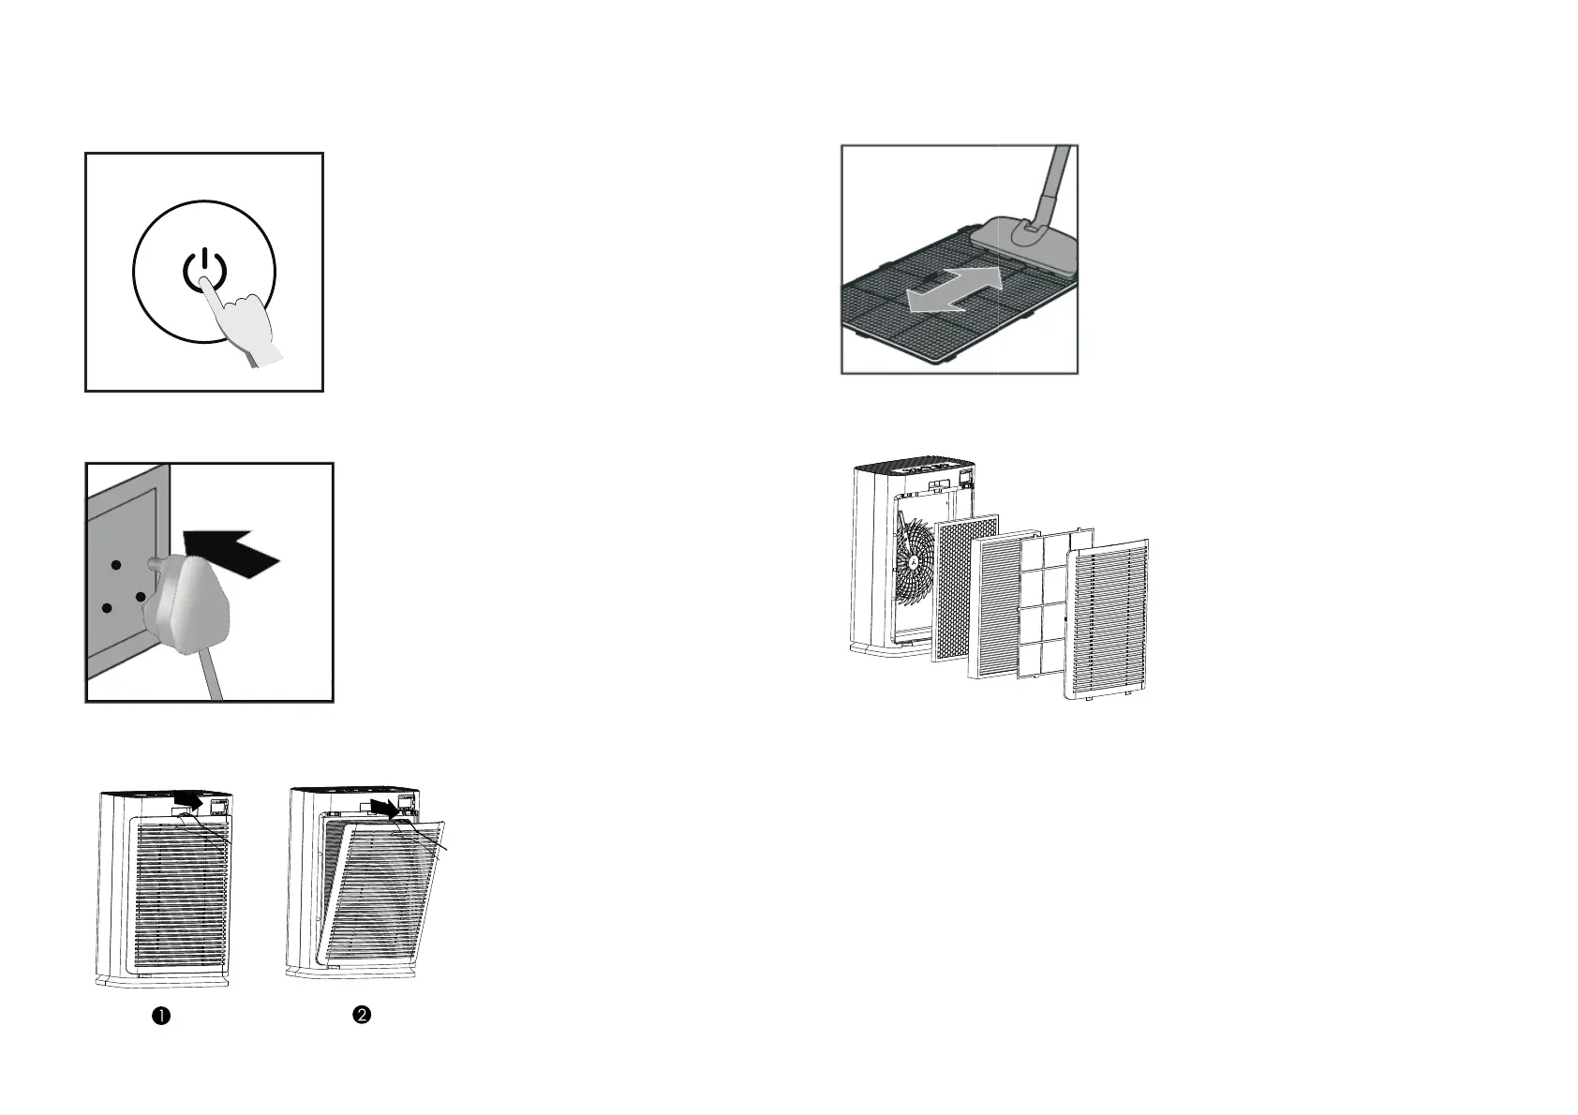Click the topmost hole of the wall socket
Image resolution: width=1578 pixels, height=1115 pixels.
(114, 565)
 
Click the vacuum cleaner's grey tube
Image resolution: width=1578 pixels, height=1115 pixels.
(1055, 182)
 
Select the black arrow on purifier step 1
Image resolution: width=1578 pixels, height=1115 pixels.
(190, 799)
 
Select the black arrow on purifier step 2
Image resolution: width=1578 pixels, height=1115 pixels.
(385, 806)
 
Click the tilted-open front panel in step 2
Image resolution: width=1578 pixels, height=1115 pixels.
(384, 899)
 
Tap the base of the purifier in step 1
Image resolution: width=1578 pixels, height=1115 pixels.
(163, 979)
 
